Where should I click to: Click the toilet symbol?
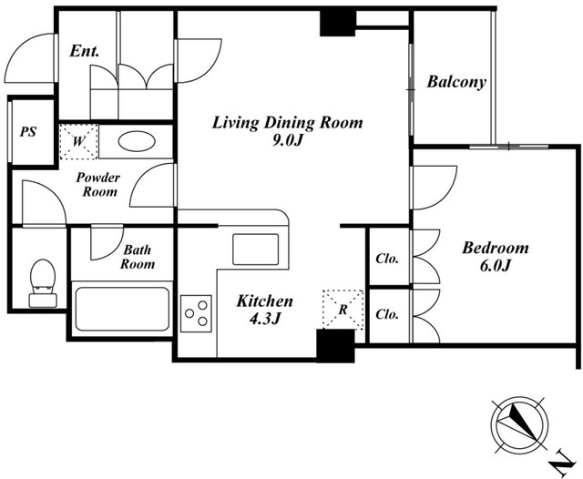[x=43, y=283]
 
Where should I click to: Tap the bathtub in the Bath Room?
[x=122, y=309]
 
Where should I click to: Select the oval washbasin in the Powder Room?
[x=137, y=141]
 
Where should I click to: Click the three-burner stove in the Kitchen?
[x=197, y=313]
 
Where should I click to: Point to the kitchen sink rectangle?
[x=255, y=249]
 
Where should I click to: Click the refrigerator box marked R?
[x=343, y=310]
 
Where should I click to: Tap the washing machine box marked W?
[x=78, y=141]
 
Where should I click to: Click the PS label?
[x=28, y=131]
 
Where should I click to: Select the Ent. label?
[x=85, y=51]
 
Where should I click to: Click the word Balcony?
[x=456, y=82]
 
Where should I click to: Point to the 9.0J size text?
[x=287, y=140]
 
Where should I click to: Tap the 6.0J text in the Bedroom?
[x=495, y=265]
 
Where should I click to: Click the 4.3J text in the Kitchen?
[x=264, y=319]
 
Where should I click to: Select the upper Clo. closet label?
[x=387, y=258]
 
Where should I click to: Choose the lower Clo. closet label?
[x=387, y=314]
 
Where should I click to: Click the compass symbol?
[x=519, y=426]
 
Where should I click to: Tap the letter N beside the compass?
[x=561, y=463]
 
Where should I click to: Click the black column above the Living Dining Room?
[x=338, y=23]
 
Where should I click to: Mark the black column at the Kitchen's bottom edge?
[x=335, y=346]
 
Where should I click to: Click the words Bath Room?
[x=138, y=257]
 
